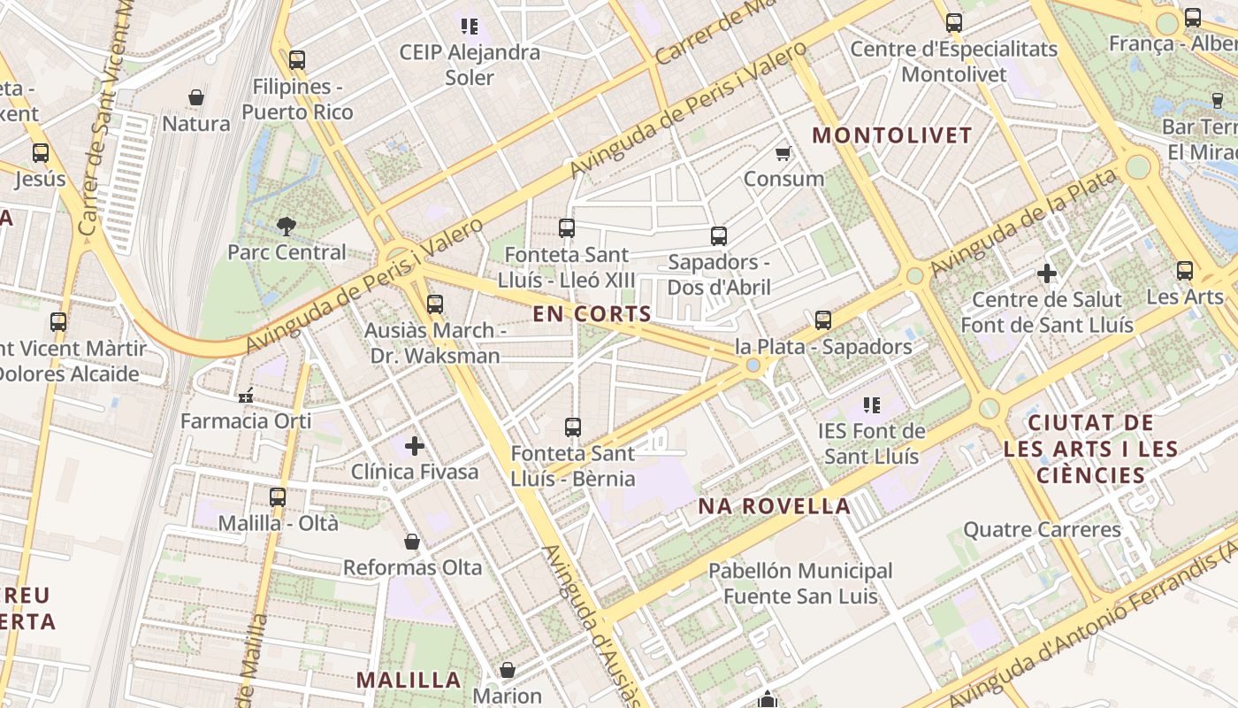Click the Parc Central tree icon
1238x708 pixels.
pos(286,227)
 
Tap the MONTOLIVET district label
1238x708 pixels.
pos(891,135)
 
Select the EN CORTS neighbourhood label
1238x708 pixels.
pos(592,313)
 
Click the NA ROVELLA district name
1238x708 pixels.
pos(774,506)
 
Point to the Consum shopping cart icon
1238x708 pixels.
pos(783,154)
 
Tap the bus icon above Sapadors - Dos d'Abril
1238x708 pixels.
pos(718,236)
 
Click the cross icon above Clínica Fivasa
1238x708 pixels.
pos(414,446)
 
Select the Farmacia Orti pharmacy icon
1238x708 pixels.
pos(246,395)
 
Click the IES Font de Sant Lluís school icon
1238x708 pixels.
pos(871,405)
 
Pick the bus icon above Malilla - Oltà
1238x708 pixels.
pos(278,497)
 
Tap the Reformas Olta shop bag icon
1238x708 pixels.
pos(411,542)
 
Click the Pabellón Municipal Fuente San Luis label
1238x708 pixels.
pos(800,583)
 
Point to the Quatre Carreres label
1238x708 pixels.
pos(1042,530)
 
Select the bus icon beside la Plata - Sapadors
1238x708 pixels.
pos(822,320)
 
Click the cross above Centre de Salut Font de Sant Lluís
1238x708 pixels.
pos(1047,273)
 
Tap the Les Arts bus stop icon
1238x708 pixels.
pos(1185,271)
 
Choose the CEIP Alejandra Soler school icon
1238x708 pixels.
pos(469,27)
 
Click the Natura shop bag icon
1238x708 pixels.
pos(196,97)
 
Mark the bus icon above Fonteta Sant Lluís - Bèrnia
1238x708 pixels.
pos(573,427)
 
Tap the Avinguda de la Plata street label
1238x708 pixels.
pos(1023,221)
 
